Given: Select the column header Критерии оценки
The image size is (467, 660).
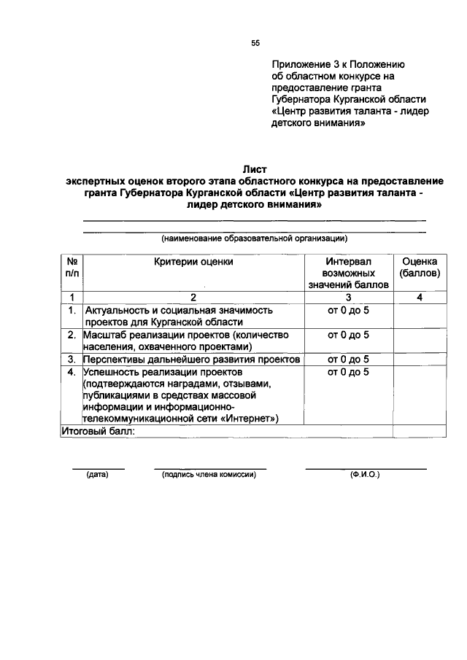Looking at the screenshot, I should [x=193, y=260].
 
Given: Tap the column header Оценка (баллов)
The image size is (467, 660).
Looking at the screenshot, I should [x=419, y=266].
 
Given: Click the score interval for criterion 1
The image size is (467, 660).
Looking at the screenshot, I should [x=349, y=310].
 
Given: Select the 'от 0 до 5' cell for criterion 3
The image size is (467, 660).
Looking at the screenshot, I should [x=349, y=359].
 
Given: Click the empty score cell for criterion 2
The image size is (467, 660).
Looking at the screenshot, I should [x=419, y=341].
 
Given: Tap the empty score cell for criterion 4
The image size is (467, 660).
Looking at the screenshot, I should [x=419, y=395].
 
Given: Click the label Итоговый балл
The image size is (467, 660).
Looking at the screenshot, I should [x=98, y=431].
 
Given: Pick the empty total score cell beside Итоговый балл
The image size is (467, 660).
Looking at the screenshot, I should [x=419, y=431].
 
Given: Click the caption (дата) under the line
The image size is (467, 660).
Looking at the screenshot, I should [x=97, y=475].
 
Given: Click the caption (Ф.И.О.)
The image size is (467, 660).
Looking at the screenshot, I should [x=365, y=475].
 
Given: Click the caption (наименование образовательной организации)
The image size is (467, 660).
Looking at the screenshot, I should [x=254, y=238].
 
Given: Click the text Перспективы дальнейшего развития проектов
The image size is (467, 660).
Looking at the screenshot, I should [x=191, y=360].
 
